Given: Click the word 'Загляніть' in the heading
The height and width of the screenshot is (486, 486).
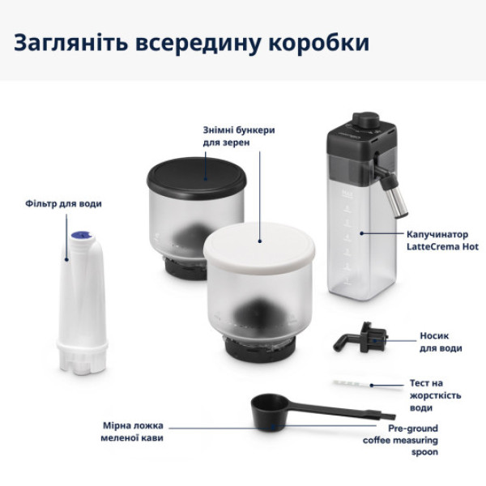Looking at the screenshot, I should (x=70, y=42).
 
